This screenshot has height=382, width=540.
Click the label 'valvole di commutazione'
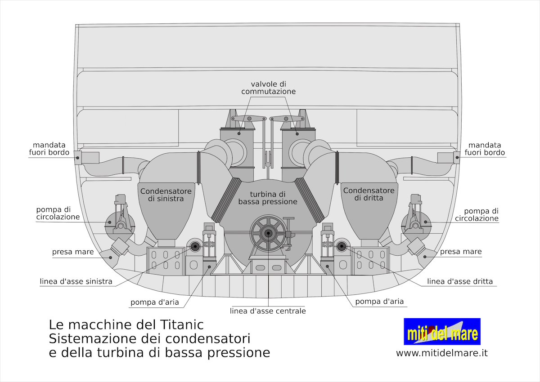pyautogui.click(x=268, y=88)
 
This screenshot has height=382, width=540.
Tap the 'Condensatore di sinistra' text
pyautogui.click(x=166, y=195)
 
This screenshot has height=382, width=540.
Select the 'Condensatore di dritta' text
pyautogui.click(x=369, y=194)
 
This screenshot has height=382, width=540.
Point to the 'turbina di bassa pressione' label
pyautogui.click(x=268, y=198)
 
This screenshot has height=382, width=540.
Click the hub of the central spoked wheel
pyautogui.click(x=268, y=233)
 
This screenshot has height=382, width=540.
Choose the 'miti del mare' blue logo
pyautogui.click(x=442, y=332)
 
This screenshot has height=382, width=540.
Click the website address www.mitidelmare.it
pyautogui.click(x=442, y=353)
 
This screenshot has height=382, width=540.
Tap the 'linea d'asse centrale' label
pyautogui.click(x=268, y=311)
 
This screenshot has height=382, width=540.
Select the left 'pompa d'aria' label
pyautogui.click(x=155, y=302)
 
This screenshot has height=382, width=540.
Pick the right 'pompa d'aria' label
pyautogui.click(x=379, y=302)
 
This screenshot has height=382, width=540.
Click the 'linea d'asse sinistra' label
pyautogui.click(x=76, y=281)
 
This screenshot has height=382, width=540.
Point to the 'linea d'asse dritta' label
pyautogui.click(x=460, y=281)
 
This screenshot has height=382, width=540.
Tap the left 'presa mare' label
pyautogui.click(x=73, y=252)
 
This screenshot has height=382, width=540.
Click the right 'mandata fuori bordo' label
pyautogui.click(x=485, y=149)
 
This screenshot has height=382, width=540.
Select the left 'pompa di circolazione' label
pyautogui.click(x=58, y=213)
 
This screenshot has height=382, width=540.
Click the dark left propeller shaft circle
pyautogui.click(x=195, y=246)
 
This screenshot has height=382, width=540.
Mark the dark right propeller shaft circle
pyautogui.click(x=342, y=246)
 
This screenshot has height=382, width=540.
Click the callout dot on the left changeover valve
pyautogui.click(x=239, y=133)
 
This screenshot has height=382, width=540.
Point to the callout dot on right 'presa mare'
pyautogui.click(x=425, y=257)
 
